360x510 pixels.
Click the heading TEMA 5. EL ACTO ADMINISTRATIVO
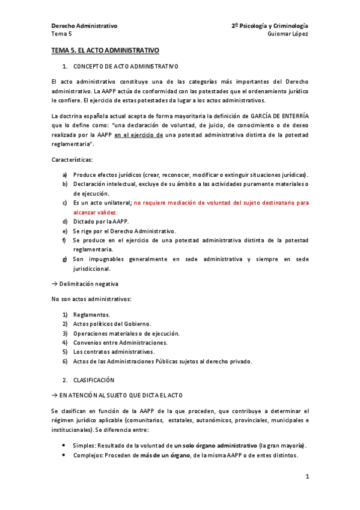105,52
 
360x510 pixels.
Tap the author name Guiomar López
288,34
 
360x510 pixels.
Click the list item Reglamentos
92,315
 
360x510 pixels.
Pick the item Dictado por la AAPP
101,222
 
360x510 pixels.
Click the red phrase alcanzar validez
96,212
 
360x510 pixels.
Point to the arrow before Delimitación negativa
54,283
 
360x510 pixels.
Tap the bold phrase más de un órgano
165,455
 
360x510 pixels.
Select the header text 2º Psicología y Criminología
269,26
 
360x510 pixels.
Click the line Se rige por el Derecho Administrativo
124,232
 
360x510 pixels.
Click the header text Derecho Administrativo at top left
84,26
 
